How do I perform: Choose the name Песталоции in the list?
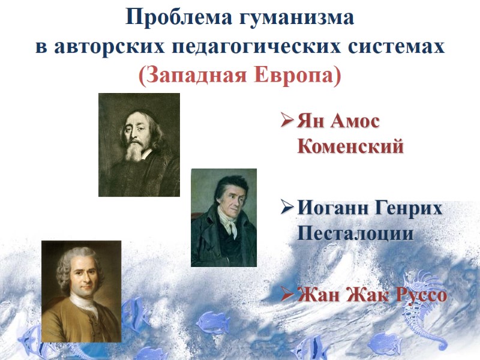[x=355, y=233]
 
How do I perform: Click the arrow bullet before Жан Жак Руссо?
[x=286, y=296]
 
